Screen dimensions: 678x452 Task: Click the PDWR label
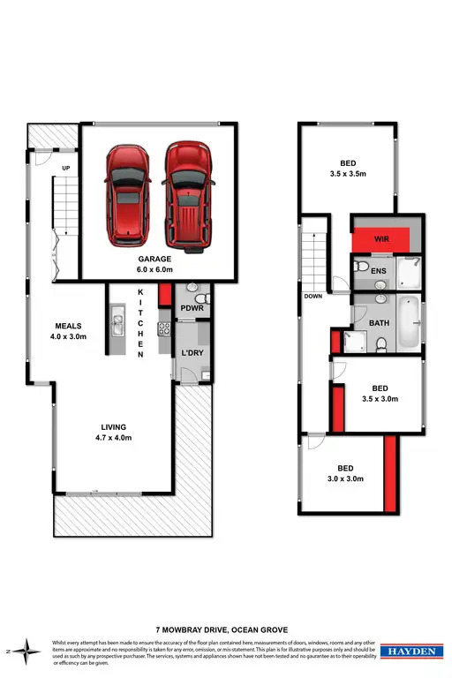(x=192, y=308)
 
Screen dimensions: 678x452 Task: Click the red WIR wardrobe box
(x=381, y=239)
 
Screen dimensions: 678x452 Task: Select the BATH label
(x=380, y=322)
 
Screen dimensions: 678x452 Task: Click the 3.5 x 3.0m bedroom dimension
(x=380, y=399)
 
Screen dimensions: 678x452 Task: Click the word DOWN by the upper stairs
(x=313, y=297)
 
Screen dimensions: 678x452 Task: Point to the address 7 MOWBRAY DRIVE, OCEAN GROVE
(x=225, y=630)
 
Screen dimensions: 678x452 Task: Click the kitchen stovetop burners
(x=163, y=329)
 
